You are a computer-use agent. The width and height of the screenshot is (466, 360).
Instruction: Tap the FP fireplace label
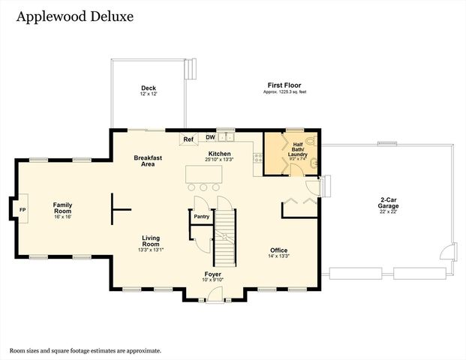(23, 209)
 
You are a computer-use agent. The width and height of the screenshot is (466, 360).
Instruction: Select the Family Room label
(62, 208)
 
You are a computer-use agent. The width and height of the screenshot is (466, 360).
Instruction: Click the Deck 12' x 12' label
(148, 91)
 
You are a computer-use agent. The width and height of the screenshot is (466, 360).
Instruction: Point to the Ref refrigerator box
(189, 139)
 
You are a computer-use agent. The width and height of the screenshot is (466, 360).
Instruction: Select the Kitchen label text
(220, 154)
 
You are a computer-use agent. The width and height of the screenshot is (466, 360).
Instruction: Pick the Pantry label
(201, 217)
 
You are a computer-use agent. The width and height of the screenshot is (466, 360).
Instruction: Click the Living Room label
(151, 241)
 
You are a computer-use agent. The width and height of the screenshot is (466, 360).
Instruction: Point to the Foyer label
(213, 275)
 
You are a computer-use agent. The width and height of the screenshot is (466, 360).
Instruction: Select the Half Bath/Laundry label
(299, 149)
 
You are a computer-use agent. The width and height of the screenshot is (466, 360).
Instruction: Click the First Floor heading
(284, 85)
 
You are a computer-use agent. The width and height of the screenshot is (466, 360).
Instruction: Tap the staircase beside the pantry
(225, 236)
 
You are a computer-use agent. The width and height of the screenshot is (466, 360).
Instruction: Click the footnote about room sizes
(85, 349)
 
